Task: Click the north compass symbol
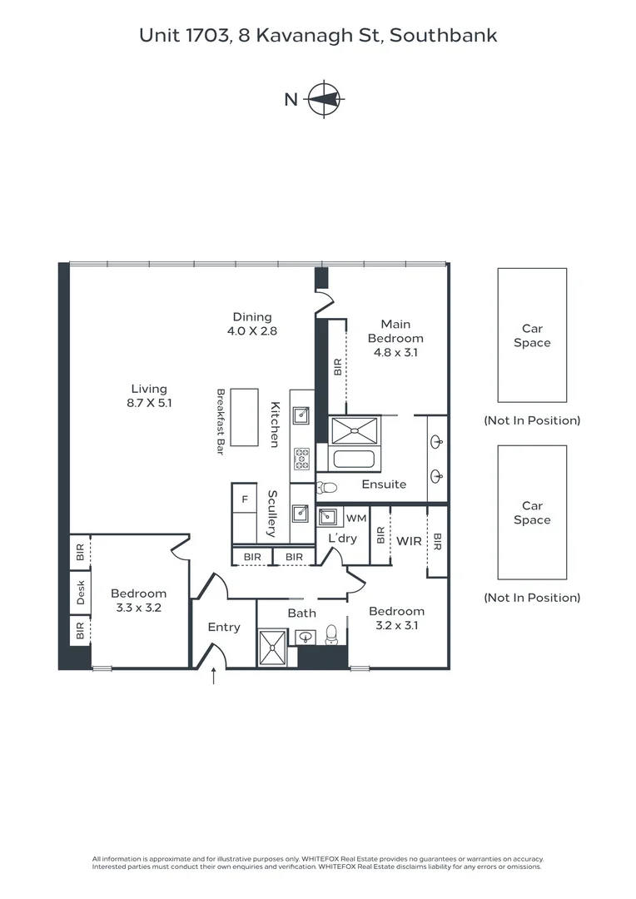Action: (x=323, y=99)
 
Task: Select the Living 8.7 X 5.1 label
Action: (x=149, y=395)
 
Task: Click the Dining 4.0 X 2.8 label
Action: (x=252, y=323)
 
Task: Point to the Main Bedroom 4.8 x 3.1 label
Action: (x=395, y=338)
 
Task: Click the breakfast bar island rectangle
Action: (x=245, y=417)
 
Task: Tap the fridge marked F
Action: (x=245, y=499)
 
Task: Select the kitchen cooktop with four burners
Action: (x=301, y=459)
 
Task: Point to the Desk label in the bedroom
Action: (x=81, y=593)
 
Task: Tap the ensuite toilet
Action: (x=326, y=488)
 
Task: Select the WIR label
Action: (x=409, y=541)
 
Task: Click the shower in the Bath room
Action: (x=272, y=647)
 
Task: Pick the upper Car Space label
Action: (x=532, y=335)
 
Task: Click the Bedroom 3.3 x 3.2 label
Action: (x=139, y=600)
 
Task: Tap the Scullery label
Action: (x=271, y=513)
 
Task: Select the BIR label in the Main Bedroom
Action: (x=338, y=367)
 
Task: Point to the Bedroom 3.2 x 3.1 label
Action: (x=396, y=618)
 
